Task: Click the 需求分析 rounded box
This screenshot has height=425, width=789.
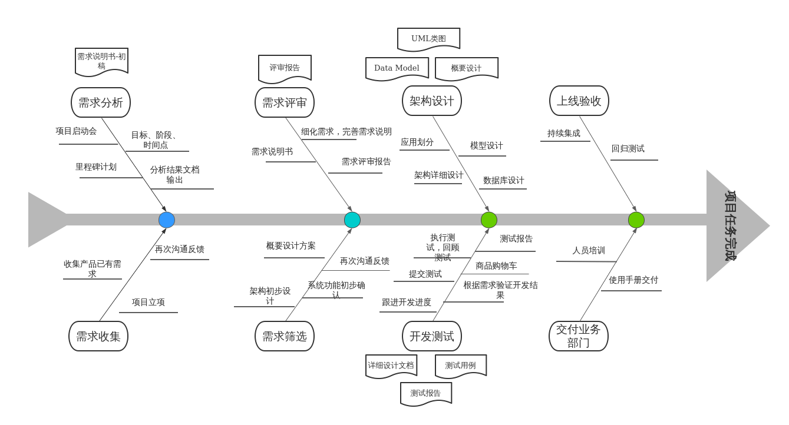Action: (x=100, y=102)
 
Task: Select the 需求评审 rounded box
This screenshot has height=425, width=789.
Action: (x=284, y=102)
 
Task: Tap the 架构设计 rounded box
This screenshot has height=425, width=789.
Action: (x=431, y=101)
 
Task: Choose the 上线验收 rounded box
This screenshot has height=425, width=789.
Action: (x=579, y=101)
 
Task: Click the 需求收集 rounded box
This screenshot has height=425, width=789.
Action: (x=98, y=336)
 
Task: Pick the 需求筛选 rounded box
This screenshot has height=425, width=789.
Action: (x=284, y=336)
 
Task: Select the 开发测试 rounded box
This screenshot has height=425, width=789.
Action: (x=431, y=336)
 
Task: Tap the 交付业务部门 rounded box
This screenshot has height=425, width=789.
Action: (x=578, y=336)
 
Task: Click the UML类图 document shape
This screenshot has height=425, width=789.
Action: (x=428, y=39)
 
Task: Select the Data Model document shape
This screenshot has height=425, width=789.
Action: (x=397, y=68)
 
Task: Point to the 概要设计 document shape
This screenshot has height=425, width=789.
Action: (x=466, y=68)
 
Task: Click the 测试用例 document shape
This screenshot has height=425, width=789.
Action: (x=460, y=366)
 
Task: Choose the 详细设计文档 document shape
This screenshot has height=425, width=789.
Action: (x=391, y=366)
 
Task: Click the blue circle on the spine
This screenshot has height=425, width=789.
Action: (x=167, y=220)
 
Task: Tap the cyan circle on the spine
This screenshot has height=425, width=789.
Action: (x=352, y=220)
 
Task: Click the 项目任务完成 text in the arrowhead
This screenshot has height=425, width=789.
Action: (x=730, y=225)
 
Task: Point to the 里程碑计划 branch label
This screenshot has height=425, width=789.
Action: (x=96, y=167)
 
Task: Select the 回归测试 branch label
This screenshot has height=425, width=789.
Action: (x=628, y=149)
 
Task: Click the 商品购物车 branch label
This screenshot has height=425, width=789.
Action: (x=496, y=266)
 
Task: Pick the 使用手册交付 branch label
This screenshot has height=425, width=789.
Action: (x=633, y=280)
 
